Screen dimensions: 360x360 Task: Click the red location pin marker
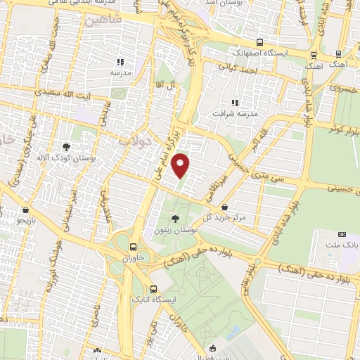[181, 165]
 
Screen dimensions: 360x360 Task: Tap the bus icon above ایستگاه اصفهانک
[259, 42]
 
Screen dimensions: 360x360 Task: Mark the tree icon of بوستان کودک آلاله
[65, 147]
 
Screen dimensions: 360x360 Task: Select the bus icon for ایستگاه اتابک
[154, 288]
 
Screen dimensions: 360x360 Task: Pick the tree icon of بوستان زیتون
[174, 219]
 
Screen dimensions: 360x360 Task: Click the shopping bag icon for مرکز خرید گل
[224, 207]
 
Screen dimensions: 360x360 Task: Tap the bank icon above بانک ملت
[342, 233]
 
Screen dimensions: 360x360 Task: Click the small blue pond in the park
[234, 330]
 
